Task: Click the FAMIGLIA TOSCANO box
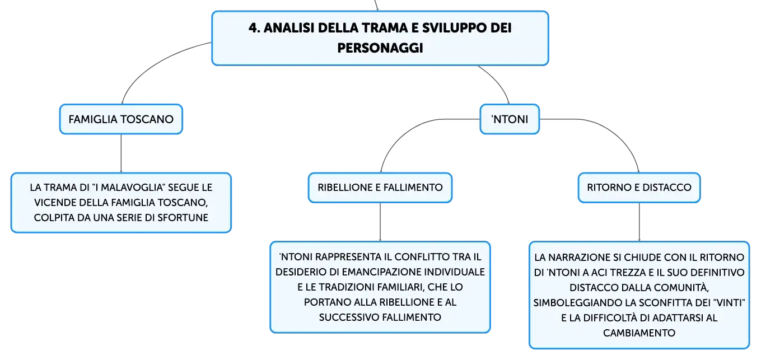point(121,119)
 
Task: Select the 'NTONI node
point(510,119)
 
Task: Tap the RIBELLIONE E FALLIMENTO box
point(380,188)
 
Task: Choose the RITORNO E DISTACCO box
point(639,188)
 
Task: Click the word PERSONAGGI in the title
point(380,48)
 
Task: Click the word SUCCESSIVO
point(349,317)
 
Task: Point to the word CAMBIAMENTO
point(639,333)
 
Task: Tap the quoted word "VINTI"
point(731,302)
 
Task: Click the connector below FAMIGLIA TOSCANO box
point(121,153)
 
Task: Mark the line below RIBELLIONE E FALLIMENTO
point(380,222)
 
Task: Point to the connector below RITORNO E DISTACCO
point(639,222)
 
